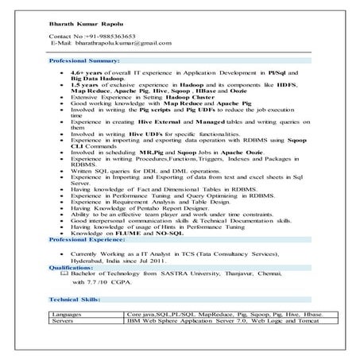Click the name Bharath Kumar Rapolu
(82, 25)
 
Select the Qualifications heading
(71, 268)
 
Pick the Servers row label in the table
(63, 322)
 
